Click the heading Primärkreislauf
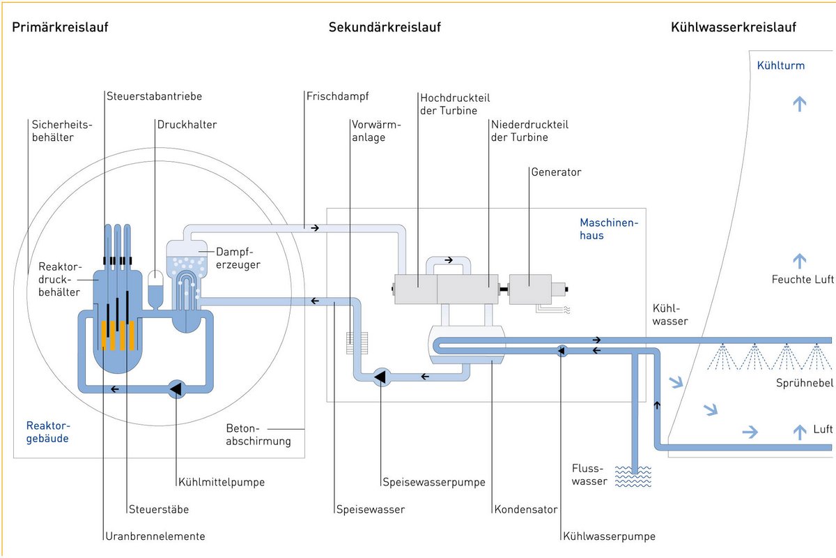click(60, 27)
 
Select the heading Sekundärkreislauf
click(385, 27)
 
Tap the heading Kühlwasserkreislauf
click(733, 27)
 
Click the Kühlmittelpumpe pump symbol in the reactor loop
click(176, 389)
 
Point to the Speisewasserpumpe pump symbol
click(380, 377)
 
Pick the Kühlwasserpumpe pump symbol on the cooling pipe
click(561, 350)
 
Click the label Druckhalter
click(187, 125)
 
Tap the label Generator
click(555, 172)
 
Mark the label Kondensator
click(525, 509)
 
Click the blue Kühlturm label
click(780, 66)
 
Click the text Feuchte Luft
click(802, 280)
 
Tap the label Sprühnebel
click(804, 384)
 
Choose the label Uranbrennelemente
click(155, 536)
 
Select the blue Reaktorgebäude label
click(48, 432)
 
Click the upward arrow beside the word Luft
click(799, 431)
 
